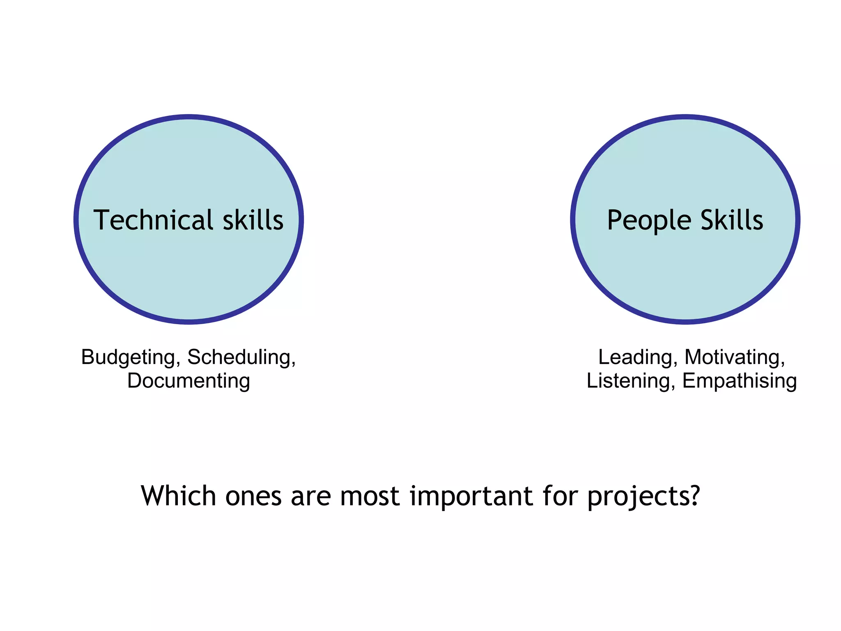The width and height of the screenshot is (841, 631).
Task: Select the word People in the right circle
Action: (x=649, y=221)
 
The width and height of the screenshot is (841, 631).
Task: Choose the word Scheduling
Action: (x=240, y=357)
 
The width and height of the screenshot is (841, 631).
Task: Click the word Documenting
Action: (x=188, y=380)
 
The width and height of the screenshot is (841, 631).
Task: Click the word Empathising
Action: (x=739, y=381)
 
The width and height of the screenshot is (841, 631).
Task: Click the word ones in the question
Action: (x=253, y=496)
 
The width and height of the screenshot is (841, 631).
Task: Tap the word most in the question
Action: (x=370, y=496)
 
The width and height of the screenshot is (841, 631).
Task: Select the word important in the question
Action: (x=471, y=496)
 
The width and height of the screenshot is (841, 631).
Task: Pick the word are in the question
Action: (x=310, y=496)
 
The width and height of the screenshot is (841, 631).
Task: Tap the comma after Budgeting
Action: (x=178, y=364)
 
